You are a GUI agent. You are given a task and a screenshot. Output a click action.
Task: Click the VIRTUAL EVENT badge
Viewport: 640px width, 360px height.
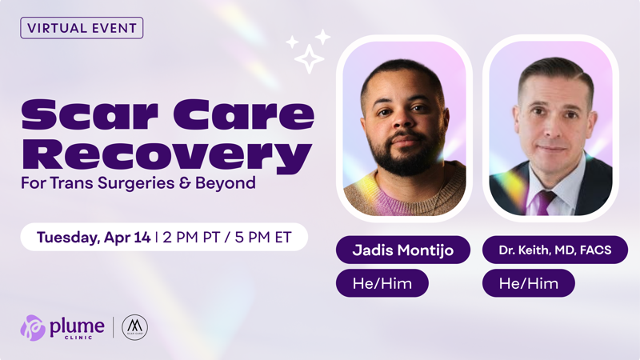click(x=82, y=28)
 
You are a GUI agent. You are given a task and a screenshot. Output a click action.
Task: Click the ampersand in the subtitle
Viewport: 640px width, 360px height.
click(x=206, y=183)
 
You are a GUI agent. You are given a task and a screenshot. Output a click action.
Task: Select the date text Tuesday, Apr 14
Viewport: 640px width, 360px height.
click(x=94, y=238)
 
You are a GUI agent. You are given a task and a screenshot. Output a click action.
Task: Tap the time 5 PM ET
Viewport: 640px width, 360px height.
click(x=262, y=238)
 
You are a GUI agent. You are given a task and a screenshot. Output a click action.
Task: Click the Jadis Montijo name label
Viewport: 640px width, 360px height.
click(x=403, y=250)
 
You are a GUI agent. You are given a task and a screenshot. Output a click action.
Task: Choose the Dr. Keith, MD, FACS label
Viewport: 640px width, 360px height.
click(x=555, y=250)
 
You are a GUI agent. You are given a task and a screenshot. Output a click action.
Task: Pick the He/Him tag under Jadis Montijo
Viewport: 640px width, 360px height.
click(x=382, y=283)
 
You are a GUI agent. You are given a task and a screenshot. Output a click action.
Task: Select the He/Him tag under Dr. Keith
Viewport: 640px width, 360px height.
click(x=528, y=283)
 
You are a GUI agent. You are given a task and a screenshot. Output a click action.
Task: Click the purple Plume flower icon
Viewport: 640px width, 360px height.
click(x=33, y=328)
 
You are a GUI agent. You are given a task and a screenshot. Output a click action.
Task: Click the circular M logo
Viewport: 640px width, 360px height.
click(x=135, y=327)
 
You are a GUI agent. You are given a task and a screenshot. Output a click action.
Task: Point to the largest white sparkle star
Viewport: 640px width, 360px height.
click(x=309, y=58)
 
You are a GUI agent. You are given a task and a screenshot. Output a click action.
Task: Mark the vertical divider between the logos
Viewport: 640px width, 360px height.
click(x=113, y=327)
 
